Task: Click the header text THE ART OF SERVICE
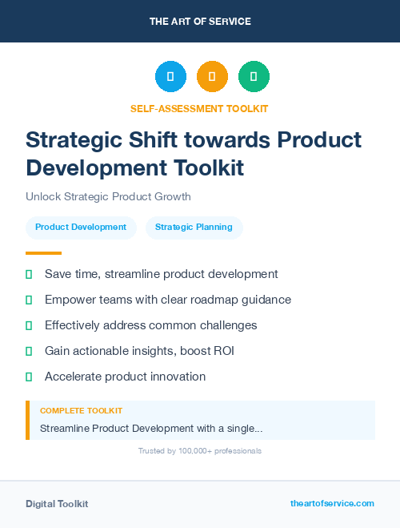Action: click(x=200, y=22)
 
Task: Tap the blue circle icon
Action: click(x=170, y=77)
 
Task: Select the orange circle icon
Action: click(x=212, y=77)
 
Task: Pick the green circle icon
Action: click(x=254, y=77)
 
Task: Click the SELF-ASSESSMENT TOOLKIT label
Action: click(x=199, y=108)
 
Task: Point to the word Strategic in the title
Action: click(x=74, y=140)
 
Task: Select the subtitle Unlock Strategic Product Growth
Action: click(x=108, y=196)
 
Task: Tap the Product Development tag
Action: click(x=81, y=228)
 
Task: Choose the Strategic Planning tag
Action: click(x=194, y=228)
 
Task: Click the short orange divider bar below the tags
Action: click(x=43, y=252)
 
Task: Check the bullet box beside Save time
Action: click(x=29, y=274)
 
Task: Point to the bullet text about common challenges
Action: click(x=150, y=325)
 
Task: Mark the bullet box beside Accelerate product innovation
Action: click(x=29, y=377)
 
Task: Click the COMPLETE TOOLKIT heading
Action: click(x=81, y=411)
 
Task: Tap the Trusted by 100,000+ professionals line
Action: click(x=199, y=451)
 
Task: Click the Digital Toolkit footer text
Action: click(x=57, y=504)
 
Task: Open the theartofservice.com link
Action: click(x=332, y=503)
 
